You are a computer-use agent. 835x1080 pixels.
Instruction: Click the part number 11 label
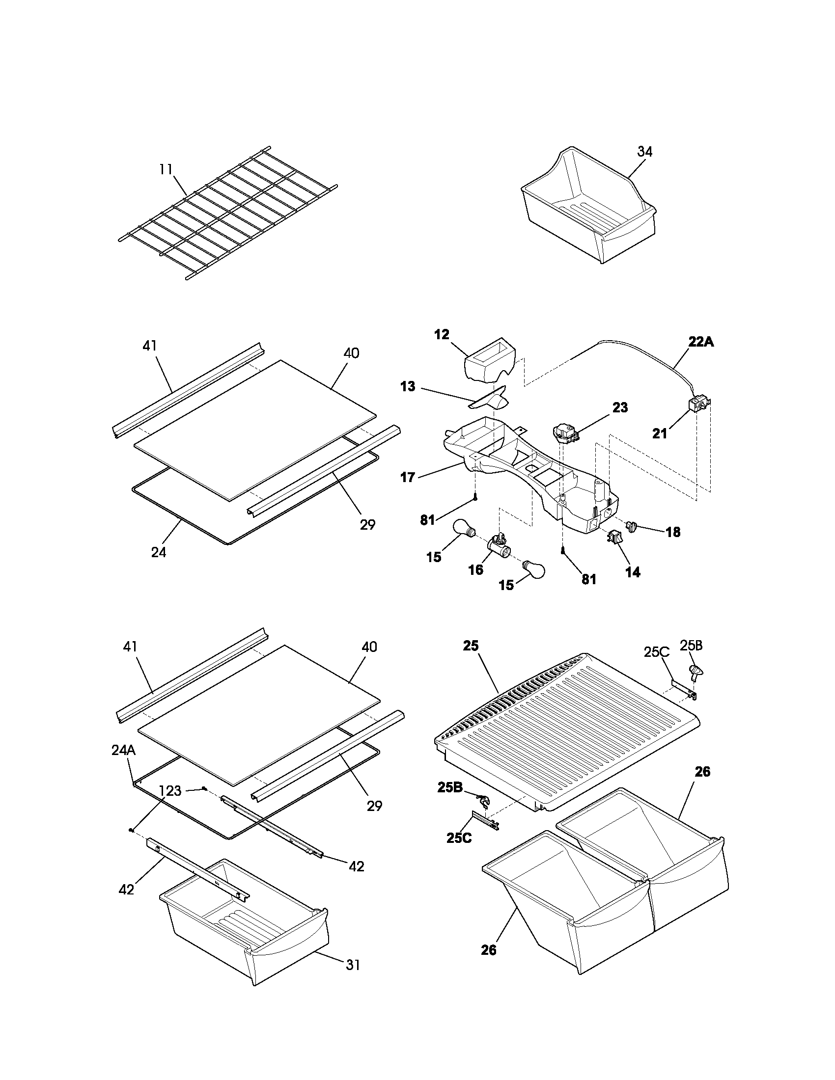click(166, 170)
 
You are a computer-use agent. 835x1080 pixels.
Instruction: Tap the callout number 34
click(644, 152)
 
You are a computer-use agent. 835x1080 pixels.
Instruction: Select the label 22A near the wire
click(701, 341)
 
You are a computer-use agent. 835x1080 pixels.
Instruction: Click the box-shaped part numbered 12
click(489, 366)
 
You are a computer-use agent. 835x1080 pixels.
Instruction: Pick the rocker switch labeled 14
click(614, 536)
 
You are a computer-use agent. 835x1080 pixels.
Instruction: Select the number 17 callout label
click(408, 478)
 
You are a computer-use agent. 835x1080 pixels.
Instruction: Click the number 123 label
click(170, 791)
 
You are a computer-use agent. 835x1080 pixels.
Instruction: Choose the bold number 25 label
click(471, 646)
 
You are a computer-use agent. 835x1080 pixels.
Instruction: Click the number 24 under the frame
click(158, 552)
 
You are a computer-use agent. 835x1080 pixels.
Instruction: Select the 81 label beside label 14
click(588, 580)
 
